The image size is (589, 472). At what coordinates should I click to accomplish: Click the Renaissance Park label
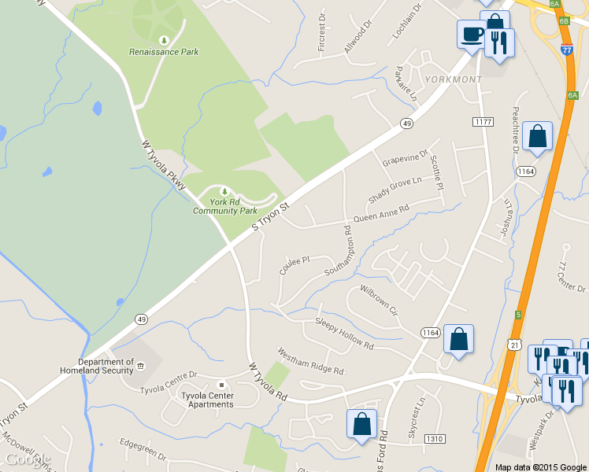point(164,52)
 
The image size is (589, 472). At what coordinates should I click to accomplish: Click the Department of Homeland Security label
point(97,366)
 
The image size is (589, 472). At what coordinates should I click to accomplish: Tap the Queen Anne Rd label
point(382,213)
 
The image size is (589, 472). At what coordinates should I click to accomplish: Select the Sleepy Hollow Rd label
point(344,333)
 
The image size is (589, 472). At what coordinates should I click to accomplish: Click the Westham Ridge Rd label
point(310,360)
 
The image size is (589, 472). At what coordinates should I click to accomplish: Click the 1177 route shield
point(483,122)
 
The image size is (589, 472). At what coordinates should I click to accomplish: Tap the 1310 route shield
point(435,438)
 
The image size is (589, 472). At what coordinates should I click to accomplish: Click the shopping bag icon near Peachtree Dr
point(537,137)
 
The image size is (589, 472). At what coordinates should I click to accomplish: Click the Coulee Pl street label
point(295,264)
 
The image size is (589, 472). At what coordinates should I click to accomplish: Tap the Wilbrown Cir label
point(379,301)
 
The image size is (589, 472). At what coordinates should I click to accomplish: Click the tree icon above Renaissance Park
point(164,40)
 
